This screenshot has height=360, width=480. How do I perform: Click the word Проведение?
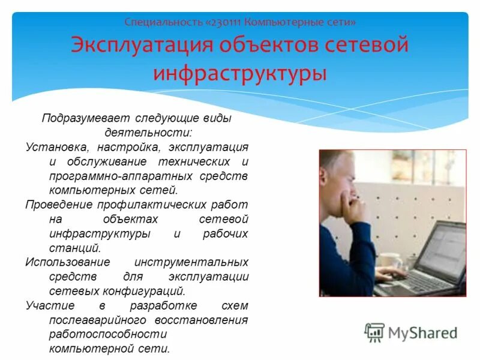coord(56,205)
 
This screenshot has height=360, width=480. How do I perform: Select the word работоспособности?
coord(108,334)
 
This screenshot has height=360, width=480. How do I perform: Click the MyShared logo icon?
coord(374,332)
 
